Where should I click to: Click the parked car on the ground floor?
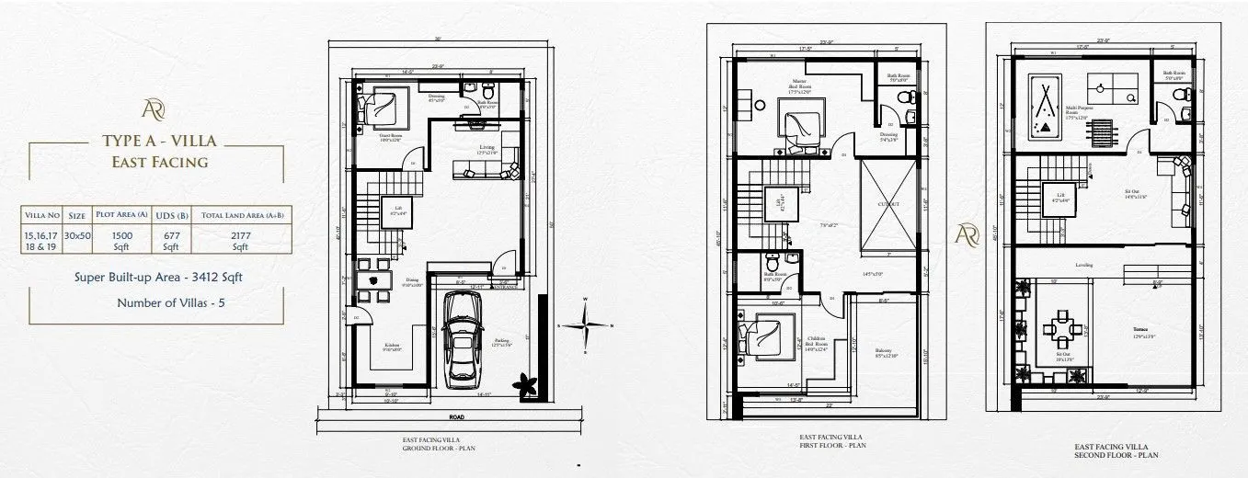point(464,341)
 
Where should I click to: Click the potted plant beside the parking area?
point(528,384)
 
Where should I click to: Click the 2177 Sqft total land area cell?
point(240,241)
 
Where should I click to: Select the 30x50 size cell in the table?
point(77,235)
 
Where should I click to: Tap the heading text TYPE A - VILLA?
point(161,142)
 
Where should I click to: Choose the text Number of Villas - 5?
point(161,302)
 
